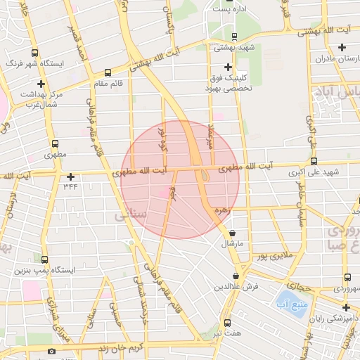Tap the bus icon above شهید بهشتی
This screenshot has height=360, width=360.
coord(234,37)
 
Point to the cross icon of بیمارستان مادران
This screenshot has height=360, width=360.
coord(342,48)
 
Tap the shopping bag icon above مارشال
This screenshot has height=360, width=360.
coord(233,233)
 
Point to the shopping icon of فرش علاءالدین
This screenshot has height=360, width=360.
coord(236,276)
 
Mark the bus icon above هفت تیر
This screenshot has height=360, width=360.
coord(226,323)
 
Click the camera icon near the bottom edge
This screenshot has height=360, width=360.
coord(51,350)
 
